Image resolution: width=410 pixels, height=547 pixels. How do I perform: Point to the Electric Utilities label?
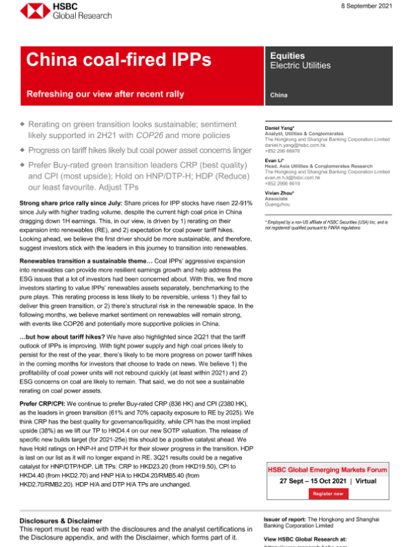300,66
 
